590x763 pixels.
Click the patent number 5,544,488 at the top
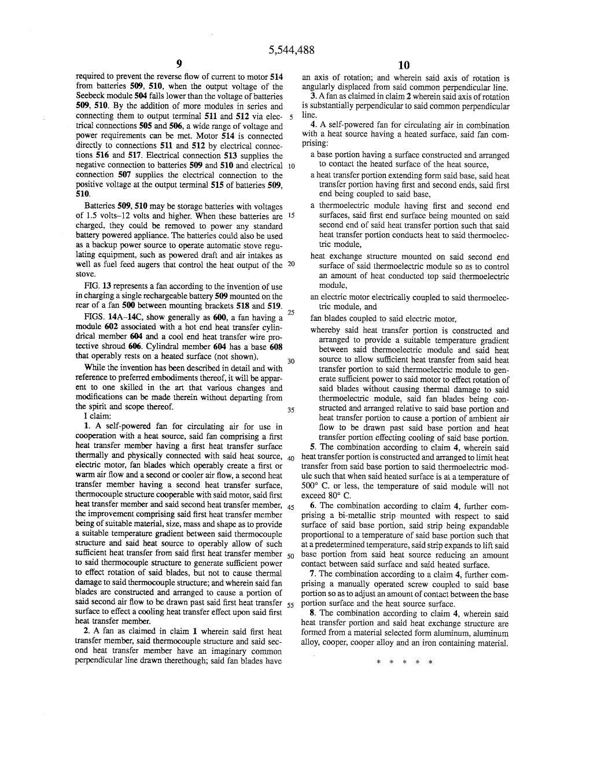pyautogui.click(x=292, y=50)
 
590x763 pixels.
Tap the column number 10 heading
pyautogui.click(x=404, y=65)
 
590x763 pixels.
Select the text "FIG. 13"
pyautogui.click(x=97, y=287)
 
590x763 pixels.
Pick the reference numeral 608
pyautogui.click(x=276, y=347)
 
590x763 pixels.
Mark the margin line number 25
pyautogui.click(x=291, y=313)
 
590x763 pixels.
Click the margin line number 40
pyautogui.click(x=291, y=459)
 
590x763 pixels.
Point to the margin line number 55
pyautogui.click(x=291, y=604)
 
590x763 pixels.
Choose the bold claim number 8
pyautogui.click(x=313, y=614)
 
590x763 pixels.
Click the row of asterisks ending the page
pyautogui.click(x=404, y=662)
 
